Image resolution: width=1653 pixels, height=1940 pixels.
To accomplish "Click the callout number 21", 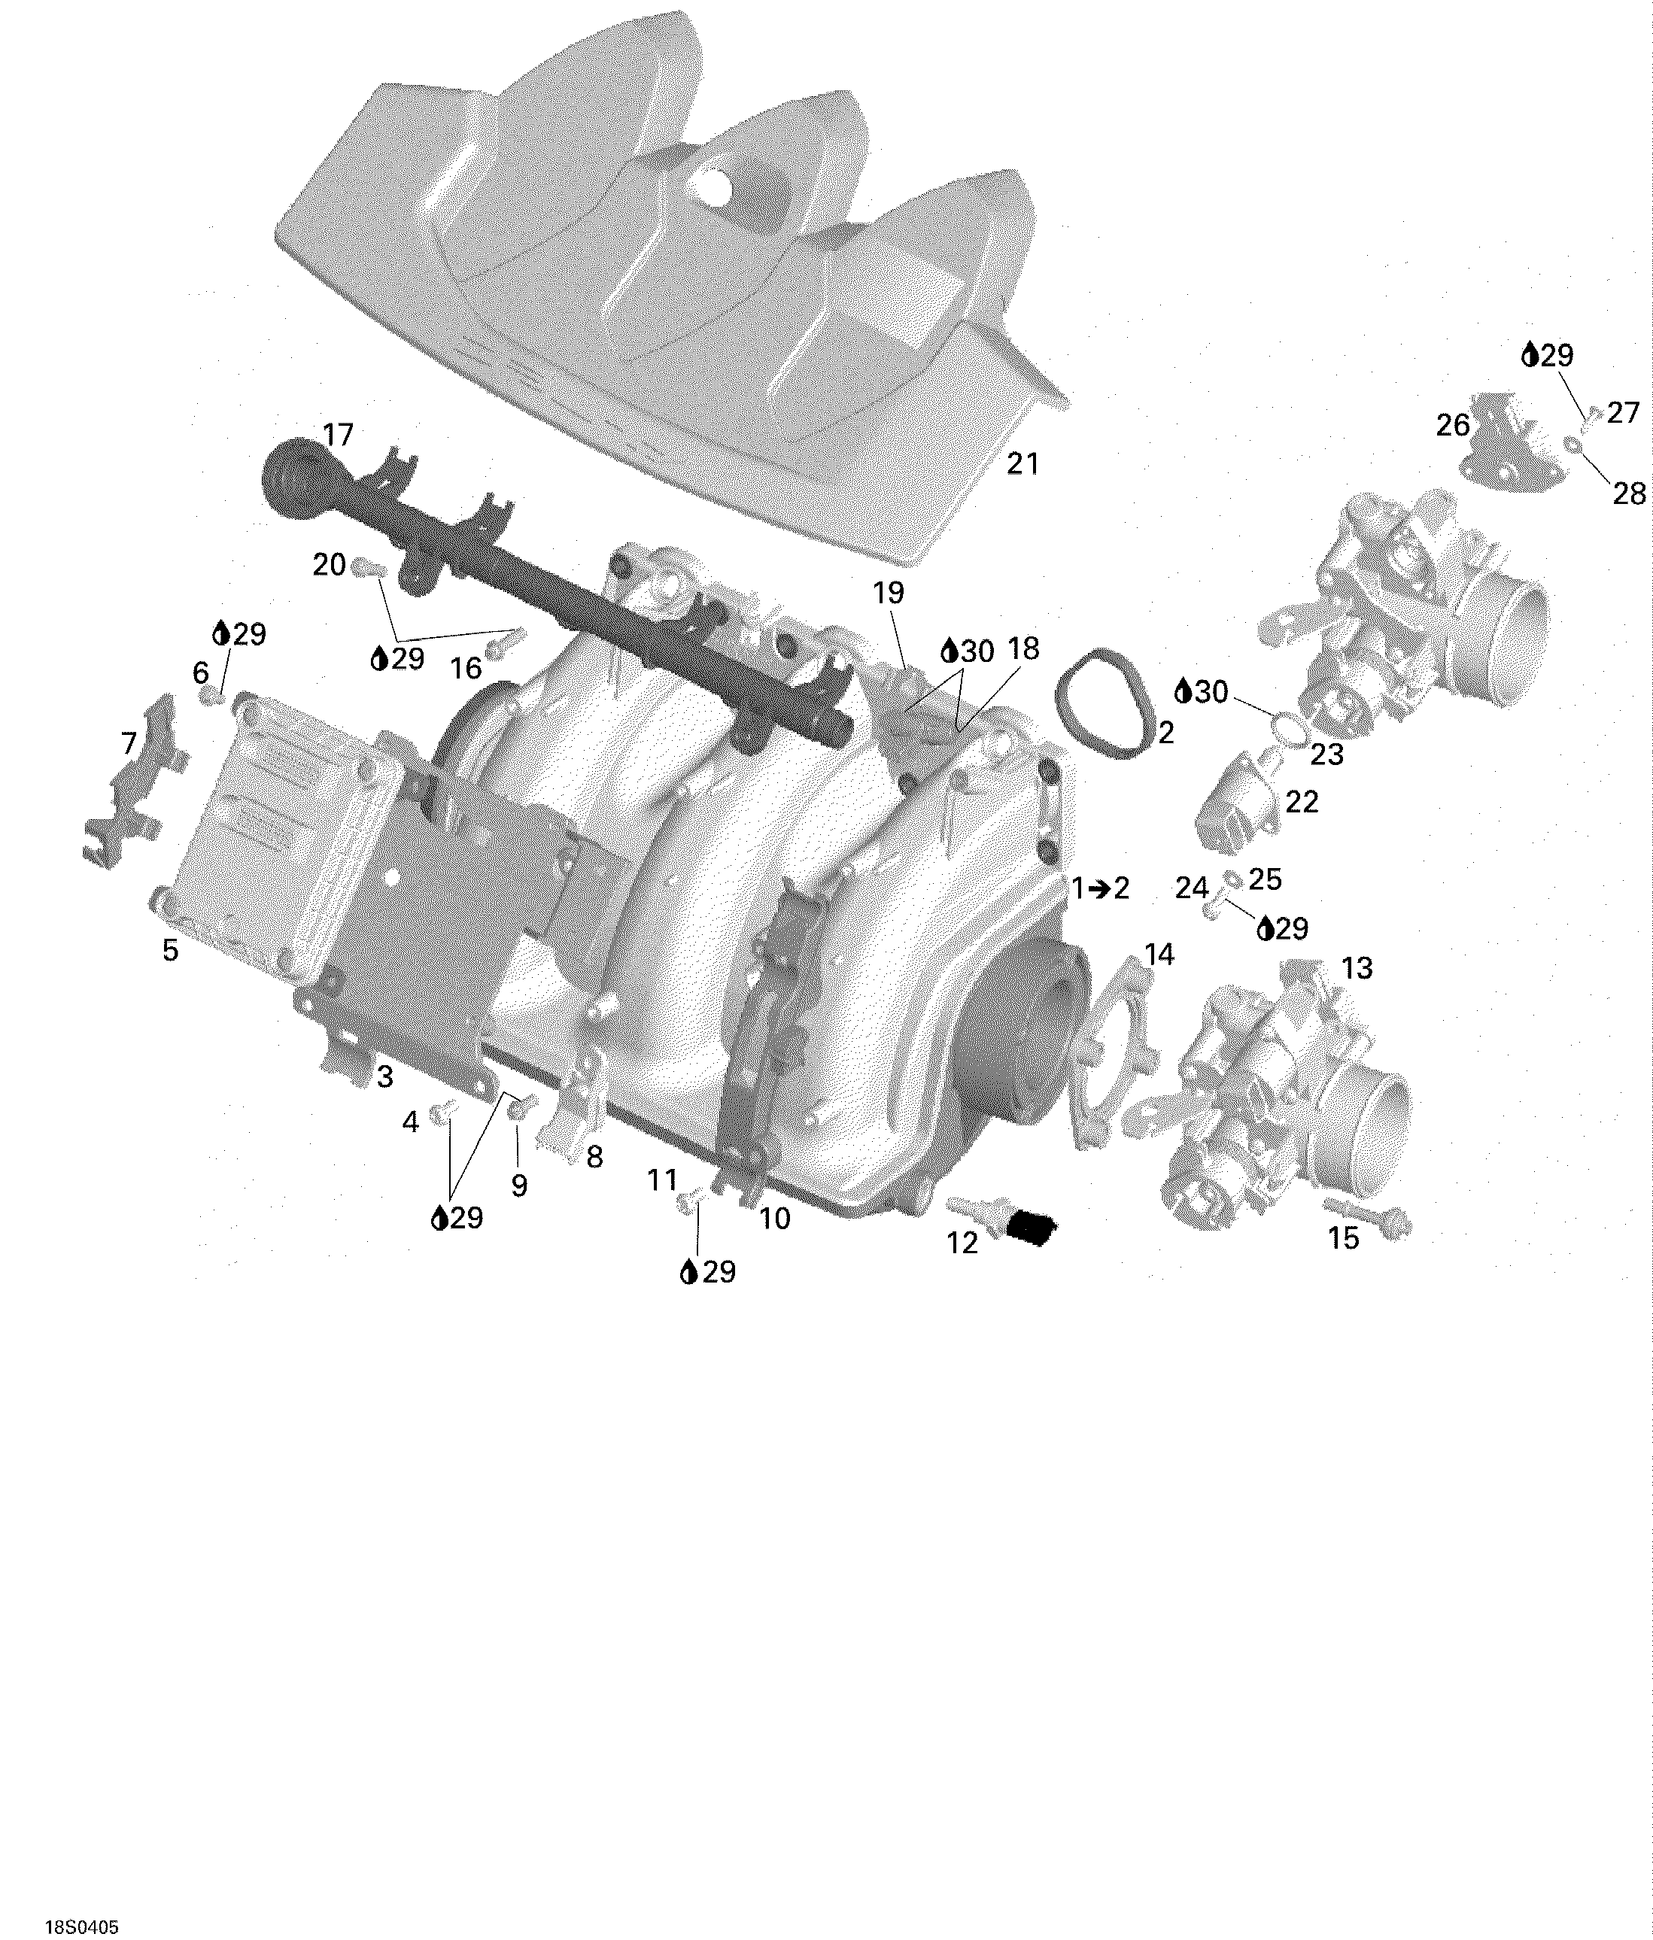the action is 1022,463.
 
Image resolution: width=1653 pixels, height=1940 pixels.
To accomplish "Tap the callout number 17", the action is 338,436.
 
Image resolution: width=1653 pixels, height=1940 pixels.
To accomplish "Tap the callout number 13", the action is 1357,967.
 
